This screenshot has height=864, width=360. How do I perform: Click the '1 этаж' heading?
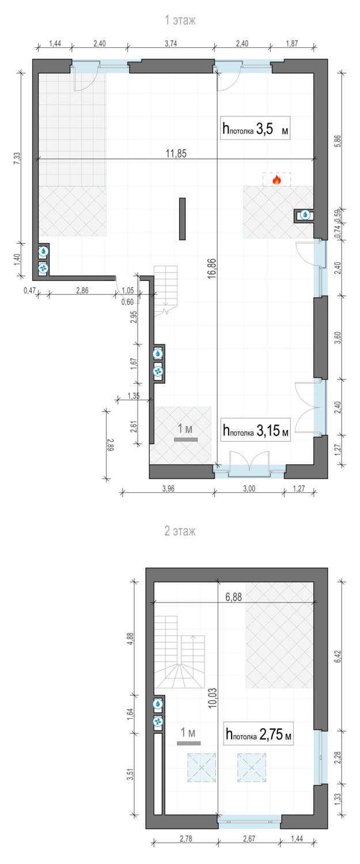click(180, 20)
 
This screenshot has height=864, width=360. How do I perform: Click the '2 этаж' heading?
click(180, 530)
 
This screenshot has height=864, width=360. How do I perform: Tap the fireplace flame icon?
click(276, 179)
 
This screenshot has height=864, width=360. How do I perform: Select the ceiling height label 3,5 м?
click(255, 128)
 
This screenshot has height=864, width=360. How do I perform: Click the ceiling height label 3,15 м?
click(255, 430)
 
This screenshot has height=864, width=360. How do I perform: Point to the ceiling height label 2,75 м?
click(259, 734)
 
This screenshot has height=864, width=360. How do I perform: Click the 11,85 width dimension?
click(176, 154)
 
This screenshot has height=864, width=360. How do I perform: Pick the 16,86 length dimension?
click(211, 268)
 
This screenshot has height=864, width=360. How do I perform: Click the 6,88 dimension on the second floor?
click(233, 597)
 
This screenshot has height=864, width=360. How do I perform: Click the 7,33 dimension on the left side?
click(17, 158)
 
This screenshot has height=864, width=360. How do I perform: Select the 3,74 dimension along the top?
click(170, 44)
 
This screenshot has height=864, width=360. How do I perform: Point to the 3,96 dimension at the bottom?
click(168, 488)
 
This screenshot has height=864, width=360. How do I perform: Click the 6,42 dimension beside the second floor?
click(338, 656)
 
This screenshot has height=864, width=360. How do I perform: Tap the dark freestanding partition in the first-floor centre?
click(182, 219)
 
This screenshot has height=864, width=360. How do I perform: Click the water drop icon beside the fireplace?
click(305, 215)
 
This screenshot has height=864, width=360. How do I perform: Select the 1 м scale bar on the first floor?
click(185, 439)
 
